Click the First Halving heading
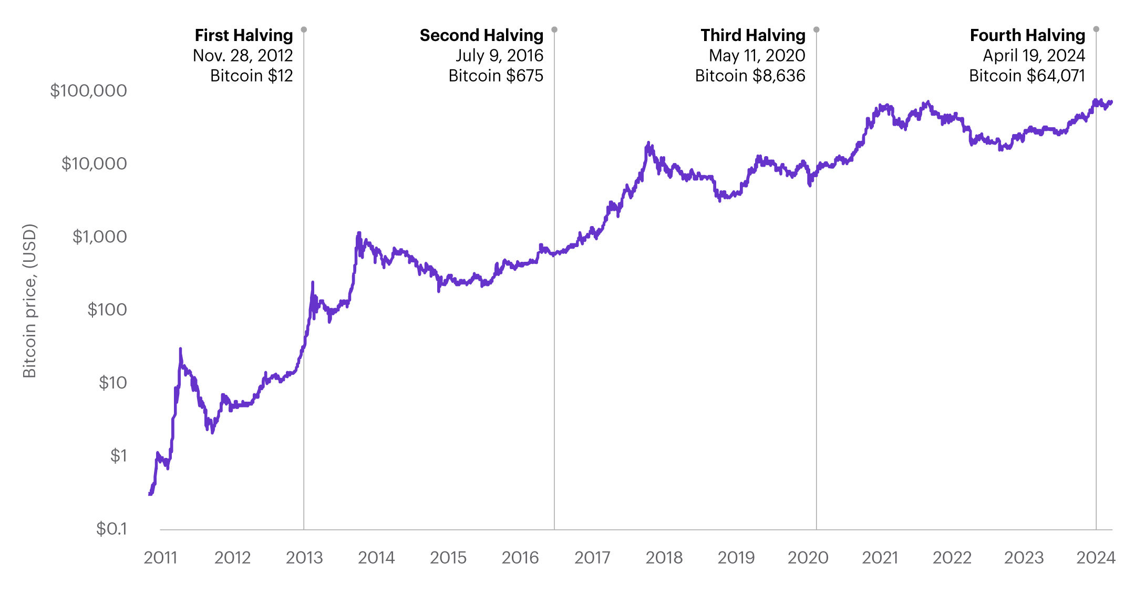coord(244,35)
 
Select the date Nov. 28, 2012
coord(243,55)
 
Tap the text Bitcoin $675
coord(496,76)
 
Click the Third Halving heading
coord(752,35)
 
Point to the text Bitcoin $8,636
coord(750,76)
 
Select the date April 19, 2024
coord(1034,55)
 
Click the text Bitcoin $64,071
coord(1027,76)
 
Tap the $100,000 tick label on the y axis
coord(88,90)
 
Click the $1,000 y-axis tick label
coord(99,237)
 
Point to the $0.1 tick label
coord(111,528)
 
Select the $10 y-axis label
coord(112,383)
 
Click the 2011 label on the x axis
coord(160,558)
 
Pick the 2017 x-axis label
coord(592,558)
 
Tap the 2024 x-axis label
coord(1096,558)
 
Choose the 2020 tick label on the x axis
coord(808,558)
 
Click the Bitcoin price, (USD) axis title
coord(29,301)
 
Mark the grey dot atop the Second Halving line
coord(554,29)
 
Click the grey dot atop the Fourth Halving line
coord(1096,29)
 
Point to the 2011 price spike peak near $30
coord(180,349)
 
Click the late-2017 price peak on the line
coord(648,143)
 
